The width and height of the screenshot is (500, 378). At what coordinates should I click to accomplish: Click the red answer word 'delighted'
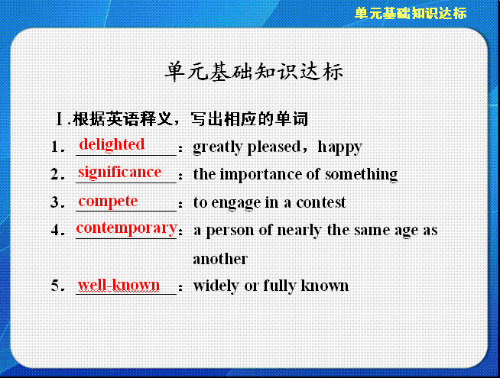[x=112, y=144]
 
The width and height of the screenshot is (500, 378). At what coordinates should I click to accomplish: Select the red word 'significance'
[x=119, y=173]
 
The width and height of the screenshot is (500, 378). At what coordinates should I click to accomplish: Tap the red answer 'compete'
[x=108, y=202]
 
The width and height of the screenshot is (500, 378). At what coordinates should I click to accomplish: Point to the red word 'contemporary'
[x=127, y=228]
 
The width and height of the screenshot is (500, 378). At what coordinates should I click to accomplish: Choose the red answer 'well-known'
[x=119, y=285]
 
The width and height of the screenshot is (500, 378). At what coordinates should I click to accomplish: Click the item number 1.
[x=55, y=147]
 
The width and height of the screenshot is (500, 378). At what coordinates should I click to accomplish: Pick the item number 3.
[x=55, y=202]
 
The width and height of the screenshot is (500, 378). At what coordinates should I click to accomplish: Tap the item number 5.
[x=55, y=286]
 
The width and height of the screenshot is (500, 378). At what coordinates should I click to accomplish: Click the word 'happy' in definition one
[x=340, y=147]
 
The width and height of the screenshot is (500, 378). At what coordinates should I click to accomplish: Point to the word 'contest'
[x=321, y=202]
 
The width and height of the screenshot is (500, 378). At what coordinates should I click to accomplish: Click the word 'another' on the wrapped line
[x=220, y=259]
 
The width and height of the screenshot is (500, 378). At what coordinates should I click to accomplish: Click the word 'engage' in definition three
[x=236, y=203]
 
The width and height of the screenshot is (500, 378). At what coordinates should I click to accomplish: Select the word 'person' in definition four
[x=229, y=231]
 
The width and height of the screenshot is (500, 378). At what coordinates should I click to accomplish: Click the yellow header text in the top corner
[x=411, y=14]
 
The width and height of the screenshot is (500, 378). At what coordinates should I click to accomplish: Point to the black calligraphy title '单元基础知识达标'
[x=254, y=71]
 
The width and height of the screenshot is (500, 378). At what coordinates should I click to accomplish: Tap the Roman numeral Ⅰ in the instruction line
[x=60, y=119]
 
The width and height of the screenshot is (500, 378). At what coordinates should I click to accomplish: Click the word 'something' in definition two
[x=362, y=175]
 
